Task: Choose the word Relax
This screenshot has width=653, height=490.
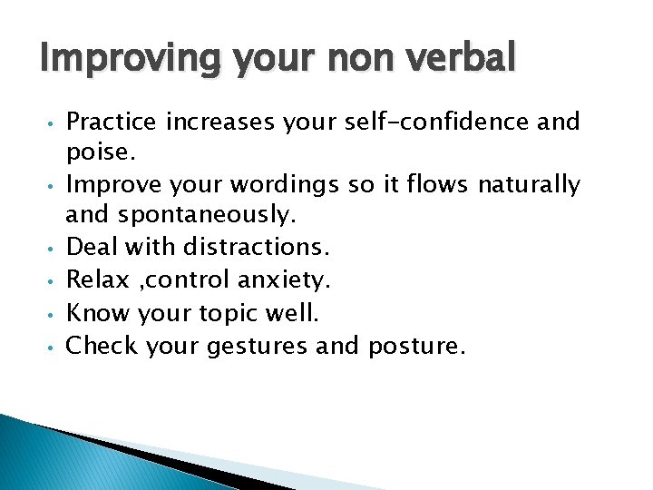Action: pos(95,279)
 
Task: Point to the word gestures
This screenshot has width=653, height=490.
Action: pos(258,347)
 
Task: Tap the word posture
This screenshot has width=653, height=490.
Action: pos(416,347)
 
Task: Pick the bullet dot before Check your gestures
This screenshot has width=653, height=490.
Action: pos(55,347)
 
